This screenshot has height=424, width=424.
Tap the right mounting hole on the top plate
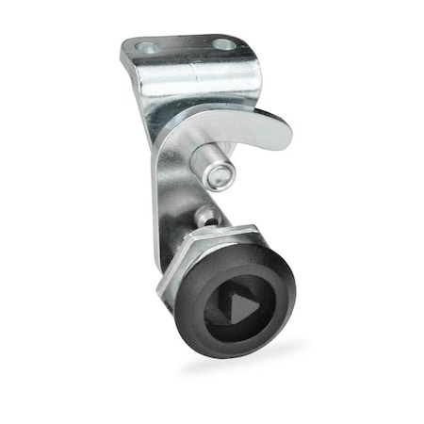click(x=223, y=43)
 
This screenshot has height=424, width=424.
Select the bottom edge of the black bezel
click(x=236, y=355)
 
